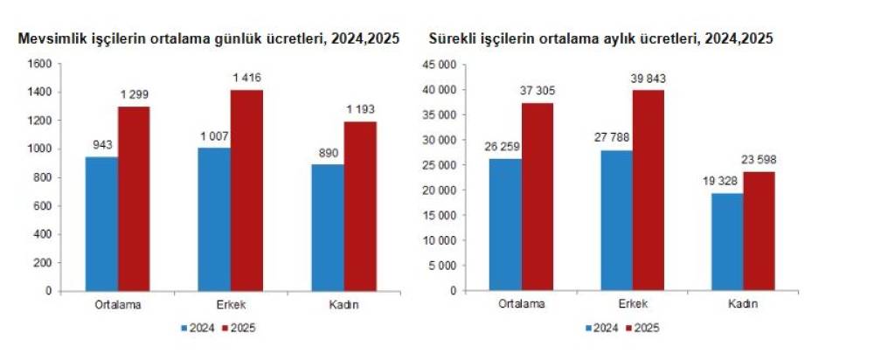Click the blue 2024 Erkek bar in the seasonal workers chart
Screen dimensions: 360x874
213,218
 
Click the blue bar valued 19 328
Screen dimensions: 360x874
726,241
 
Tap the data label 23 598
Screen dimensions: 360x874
760,160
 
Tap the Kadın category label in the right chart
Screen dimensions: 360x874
742,305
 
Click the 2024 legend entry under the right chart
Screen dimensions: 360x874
602,329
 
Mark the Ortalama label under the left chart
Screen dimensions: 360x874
117,305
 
